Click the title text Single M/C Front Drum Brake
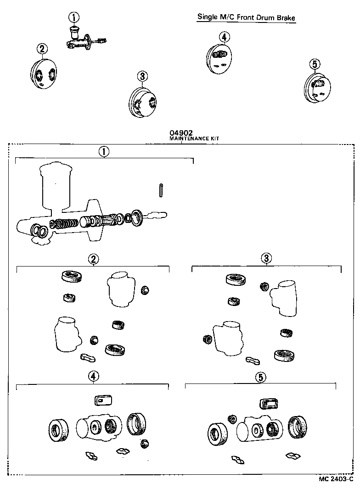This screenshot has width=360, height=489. (246, 17)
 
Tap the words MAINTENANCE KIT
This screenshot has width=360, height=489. (182, 138)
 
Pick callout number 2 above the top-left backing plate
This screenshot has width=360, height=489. (42, 49)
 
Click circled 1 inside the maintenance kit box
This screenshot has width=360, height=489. (104, 152)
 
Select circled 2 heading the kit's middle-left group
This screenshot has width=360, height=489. (93, 260)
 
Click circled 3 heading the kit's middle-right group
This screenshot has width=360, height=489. (266, 259)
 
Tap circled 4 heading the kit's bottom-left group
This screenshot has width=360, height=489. (93, 377)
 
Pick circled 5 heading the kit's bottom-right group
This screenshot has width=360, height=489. (260, 378)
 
